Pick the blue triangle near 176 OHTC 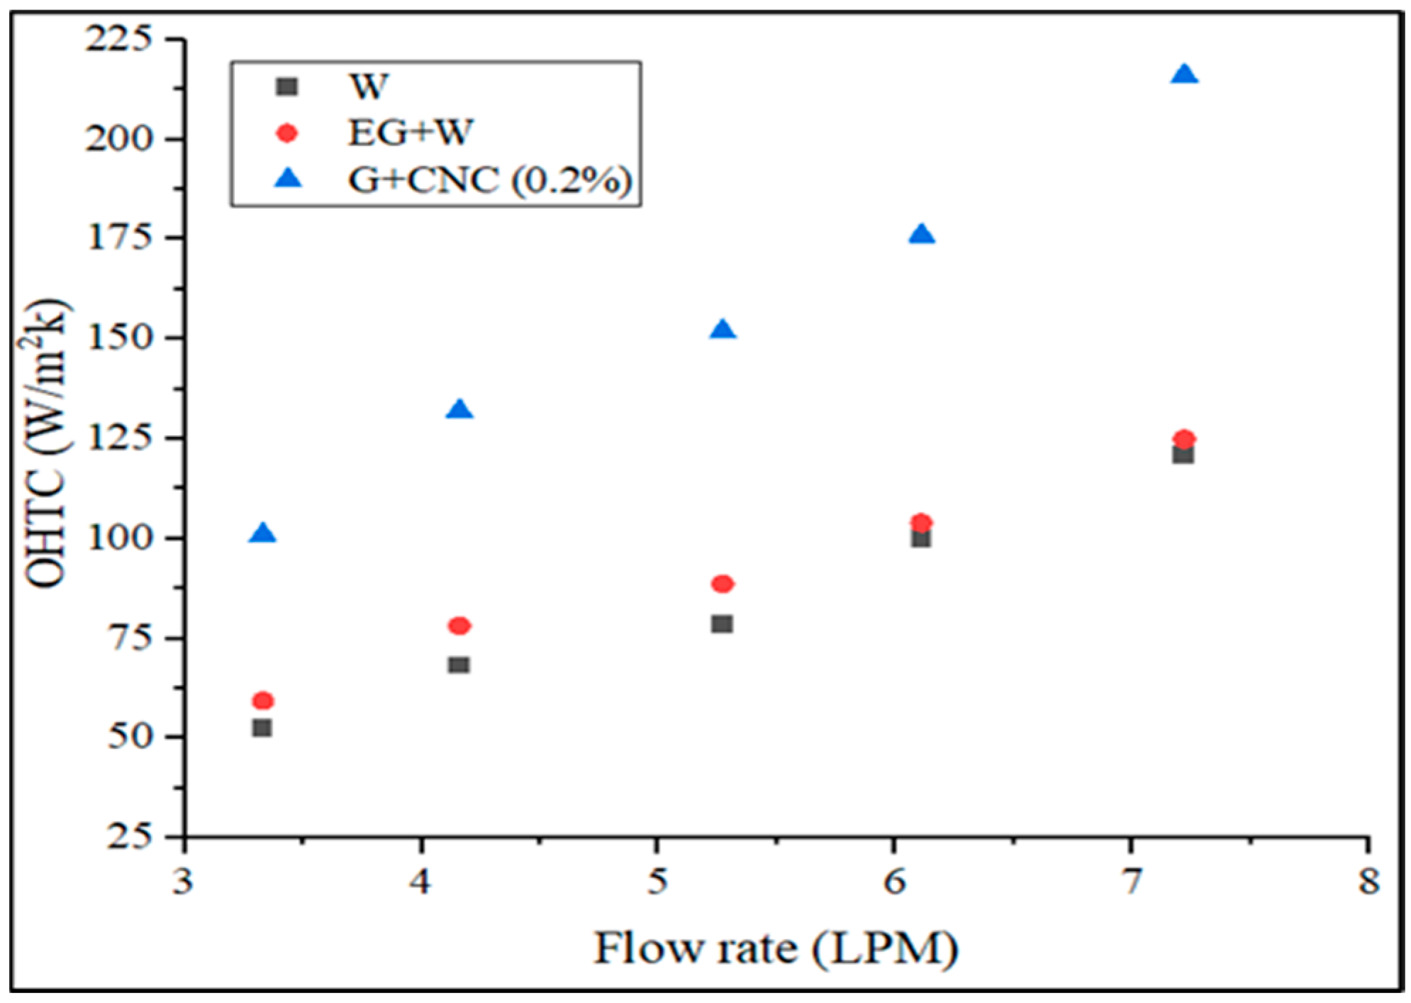pyautogui.click(x=921, y=235)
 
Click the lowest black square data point pyautogui.click(x=262, y=728)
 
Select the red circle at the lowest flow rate pyautogui.click(x=262, y=701)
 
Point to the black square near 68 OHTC pyautogui.click(x=459, y=665)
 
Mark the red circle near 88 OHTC pyautogui.click(x=722, y=584)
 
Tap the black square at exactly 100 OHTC pyautogui.click(x=920, y=538)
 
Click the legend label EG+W pyautogui.click(x=409, y=133)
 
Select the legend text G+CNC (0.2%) pyautogui.click(x=489, y=180)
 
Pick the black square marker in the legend pyautogui.click(x=286, y=87)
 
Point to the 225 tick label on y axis pyautogui.click(x=118, y=39)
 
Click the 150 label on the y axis pyautogui.click(x=118, y=338)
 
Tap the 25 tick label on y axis pyautogui.click(x=129, y=837)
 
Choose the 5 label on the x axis pyautogui.click(x=657, y=882)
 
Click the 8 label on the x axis pyautogui.click(x=1368, y=882)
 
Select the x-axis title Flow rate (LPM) pyautogui.click(x=775, y=949)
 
